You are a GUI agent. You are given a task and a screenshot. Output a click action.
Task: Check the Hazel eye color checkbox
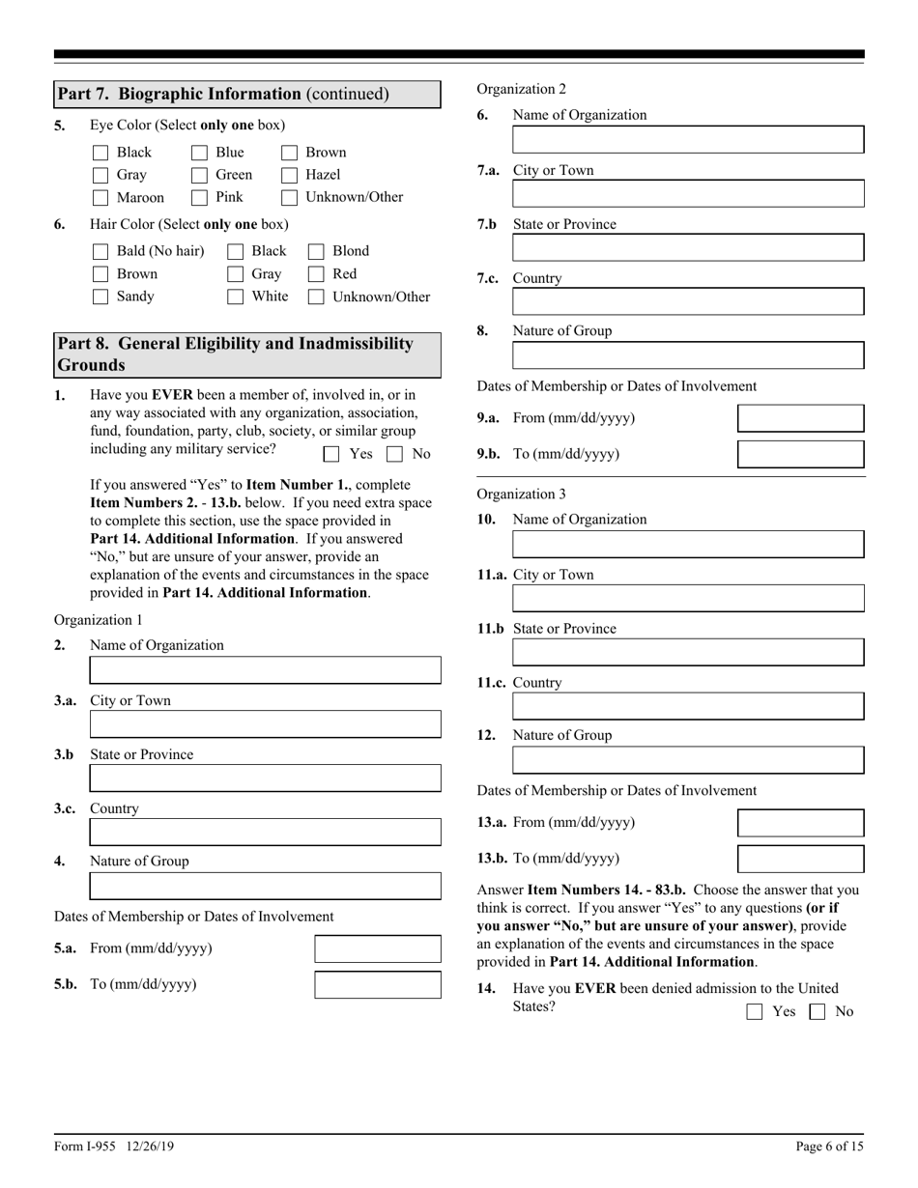click(289, 175)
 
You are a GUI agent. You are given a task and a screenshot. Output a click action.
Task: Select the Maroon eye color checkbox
click(100, 198)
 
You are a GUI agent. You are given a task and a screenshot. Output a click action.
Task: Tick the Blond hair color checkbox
click(316, 251)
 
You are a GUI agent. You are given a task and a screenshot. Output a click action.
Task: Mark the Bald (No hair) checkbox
click(100, 251)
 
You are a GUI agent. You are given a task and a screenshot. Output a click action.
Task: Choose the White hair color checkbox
click(235, 297)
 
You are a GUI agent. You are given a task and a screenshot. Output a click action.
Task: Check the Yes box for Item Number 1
click(331, 454)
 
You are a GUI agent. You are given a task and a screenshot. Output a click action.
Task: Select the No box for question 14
click(818, 1012)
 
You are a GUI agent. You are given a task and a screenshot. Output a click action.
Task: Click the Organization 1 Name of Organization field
click(265, 670)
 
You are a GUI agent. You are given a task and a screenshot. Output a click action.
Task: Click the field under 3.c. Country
click(265, 833)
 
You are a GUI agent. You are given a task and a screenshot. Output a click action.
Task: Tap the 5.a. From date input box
click(378, 949)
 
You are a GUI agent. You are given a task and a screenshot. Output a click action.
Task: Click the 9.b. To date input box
click(800, 454)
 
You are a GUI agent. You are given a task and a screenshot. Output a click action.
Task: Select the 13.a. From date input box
click(800, 823)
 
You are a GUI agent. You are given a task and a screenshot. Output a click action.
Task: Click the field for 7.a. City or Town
click(688, 194)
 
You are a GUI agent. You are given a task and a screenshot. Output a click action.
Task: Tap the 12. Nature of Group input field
click(688, 760)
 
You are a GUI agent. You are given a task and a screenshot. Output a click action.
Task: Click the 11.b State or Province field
click(688, 653)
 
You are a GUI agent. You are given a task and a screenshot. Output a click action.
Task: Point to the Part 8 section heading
click(246, 354)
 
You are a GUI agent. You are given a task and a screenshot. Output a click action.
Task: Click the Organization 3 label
click(521, 495)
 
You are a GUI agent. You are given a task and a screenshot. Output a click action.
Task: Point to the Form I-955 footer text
click(114, 1146)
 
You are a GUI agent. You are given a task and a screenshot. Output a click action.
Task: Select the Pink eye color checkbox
click(199, 198)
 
